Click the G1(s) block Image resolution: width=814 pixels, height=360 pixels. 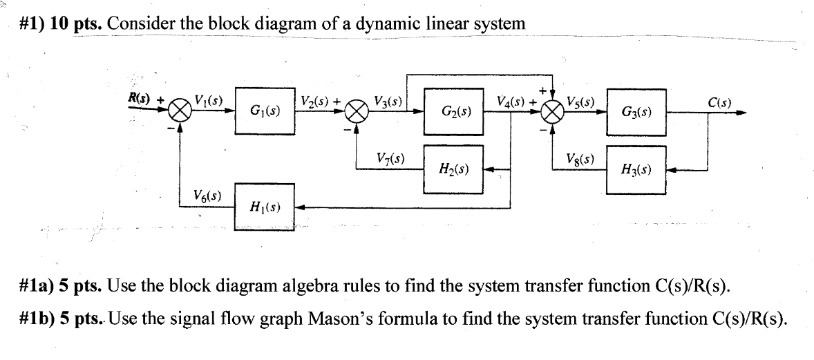coord(265,110)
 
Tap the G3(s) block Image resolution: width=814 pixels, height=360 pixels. coord(636,110)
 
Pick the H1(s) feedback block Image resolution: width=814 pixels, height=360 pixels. coord(265,205)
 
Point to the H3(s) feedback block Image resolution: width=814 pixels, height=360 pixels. coord(636,168)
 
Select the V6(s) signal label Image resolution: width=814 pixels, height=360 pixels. coord(207,195)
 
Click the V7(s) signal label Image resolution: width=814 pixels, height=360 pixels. coord(390,157)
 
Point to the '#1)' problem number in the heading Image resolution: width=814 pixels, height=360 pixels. coord(32,23)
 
